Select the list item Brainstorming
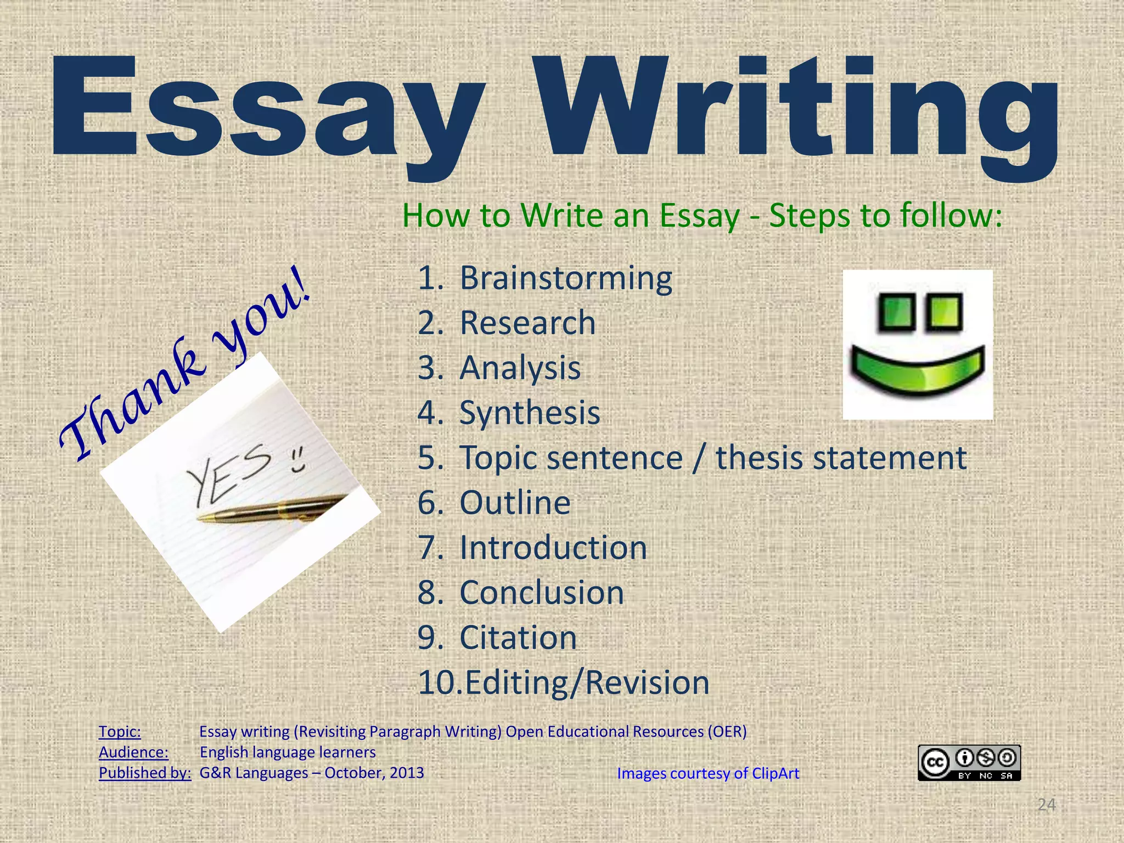click(x=565, y=278)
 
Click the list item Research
click(x=527, y=323)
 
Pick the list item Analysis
click(x=520, y=368)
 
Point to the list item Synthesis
click(x=530, y=413)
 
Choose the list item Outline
click(x=515, y=503)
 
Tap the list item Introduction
click(x=553, y=548)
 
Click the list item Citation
click(x=518, y=638)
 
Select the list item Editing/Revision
click(x=586, y=683)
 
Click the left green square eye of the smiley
click(x=895, y=313)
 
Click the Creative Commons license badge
click(x=969, y=762)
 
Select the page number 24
click(x=1046, y=805)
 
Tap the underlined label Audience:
click(x=133, y=752)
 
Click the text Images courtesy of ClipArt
click(x=708, y=773)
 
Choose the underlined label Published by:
click(x=145, y=773)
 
